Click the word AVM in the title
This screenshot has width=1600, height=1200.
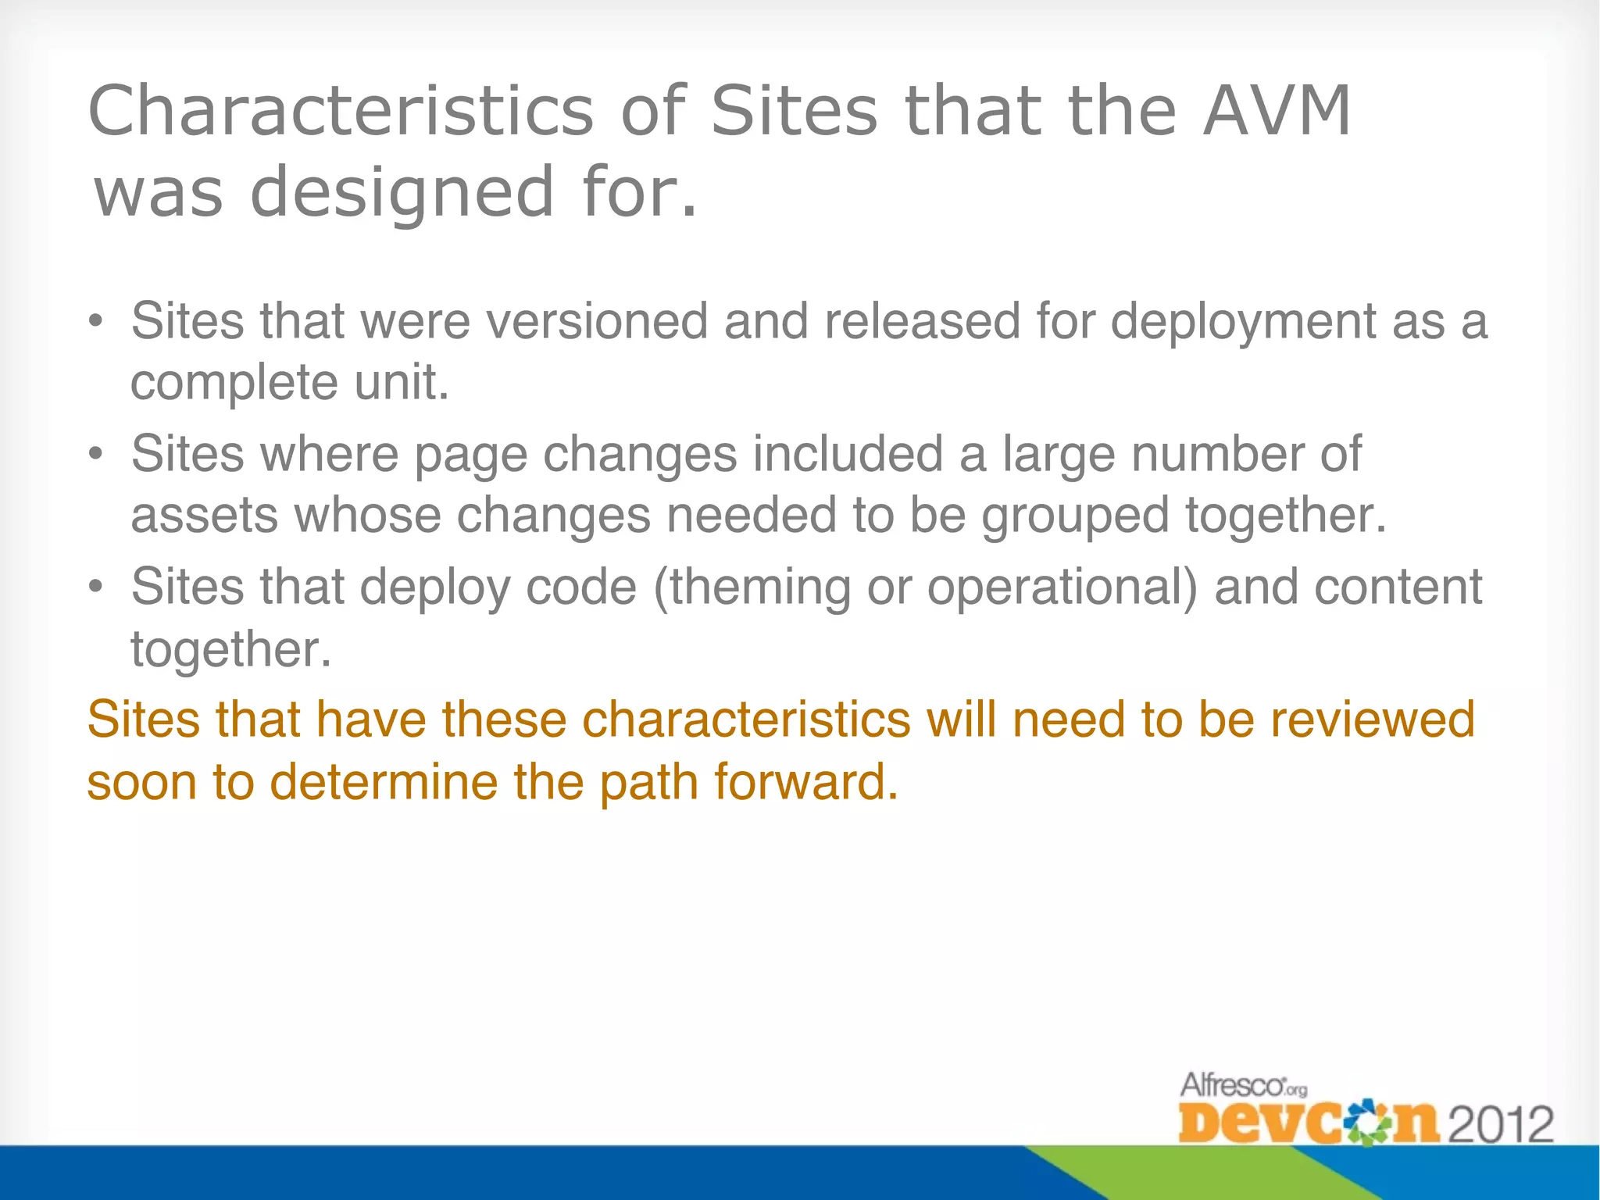click(x=1276, y=111)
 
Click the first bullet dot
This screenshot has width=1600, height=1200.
click(x=95, y=323)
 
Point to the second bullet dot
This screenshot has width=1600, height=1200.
click(x=95, y=455)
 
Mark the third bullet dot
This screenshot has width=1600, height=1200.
click(x=95, y=587)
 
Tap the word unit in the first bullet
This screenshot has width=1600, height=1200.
click(x=402, y=383)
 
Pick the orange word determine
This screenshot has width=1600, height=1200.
click(x=384, y=782)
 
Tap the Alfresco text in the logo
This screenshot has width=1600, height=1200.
click(x=1233, y=1085)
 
